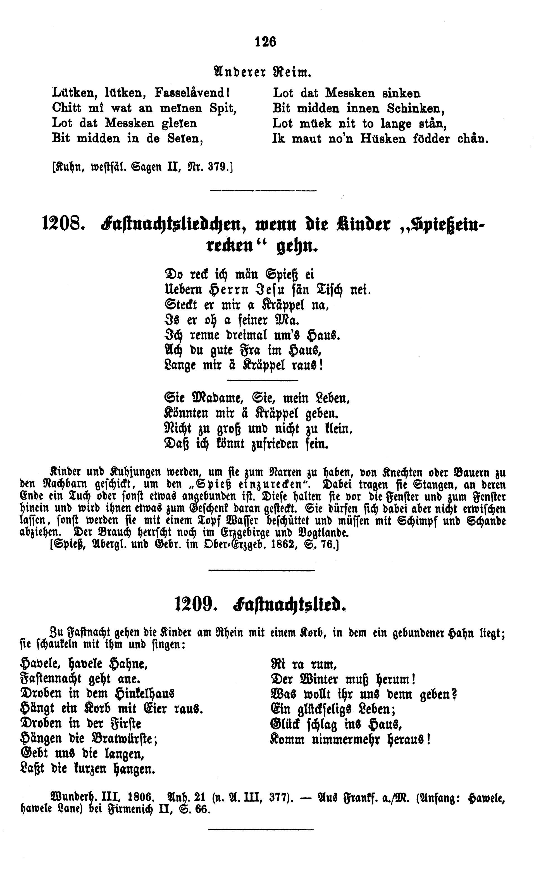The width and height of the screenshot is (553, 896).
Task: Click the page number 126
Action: [266, 42]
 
